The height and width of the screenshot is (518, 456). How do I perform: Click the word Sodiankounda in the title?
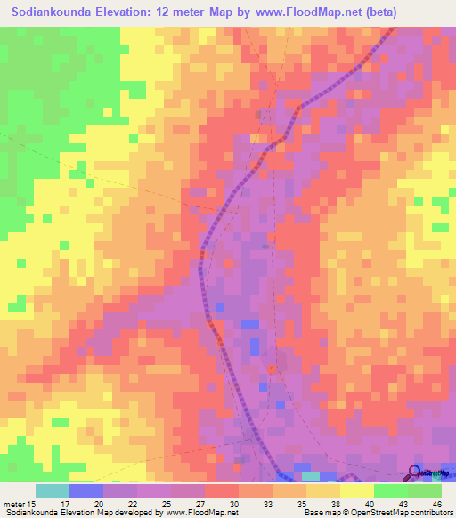coord(56,12)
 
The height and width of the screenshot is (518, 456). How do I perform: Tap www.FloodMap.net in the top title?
coord(295,12)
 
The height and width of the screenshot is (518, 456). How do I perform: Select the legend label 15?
coord(34,504)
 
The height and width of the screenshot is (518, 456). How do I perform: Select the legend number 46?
coord(437,504)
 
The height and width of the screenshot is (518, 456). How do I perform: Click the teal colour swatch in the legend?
coord(53,490)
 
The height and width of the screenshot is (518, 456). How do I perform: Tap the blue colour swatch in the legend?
coord(86,490)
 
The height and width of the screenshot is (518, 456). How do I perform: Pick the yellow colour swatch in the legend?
coord(357,490)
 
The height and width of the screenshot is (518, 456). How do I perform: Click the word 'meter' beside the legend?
coord(13,504)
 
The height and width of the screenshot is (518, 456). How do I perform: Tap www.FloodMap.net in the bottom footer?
coord(188,514)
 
